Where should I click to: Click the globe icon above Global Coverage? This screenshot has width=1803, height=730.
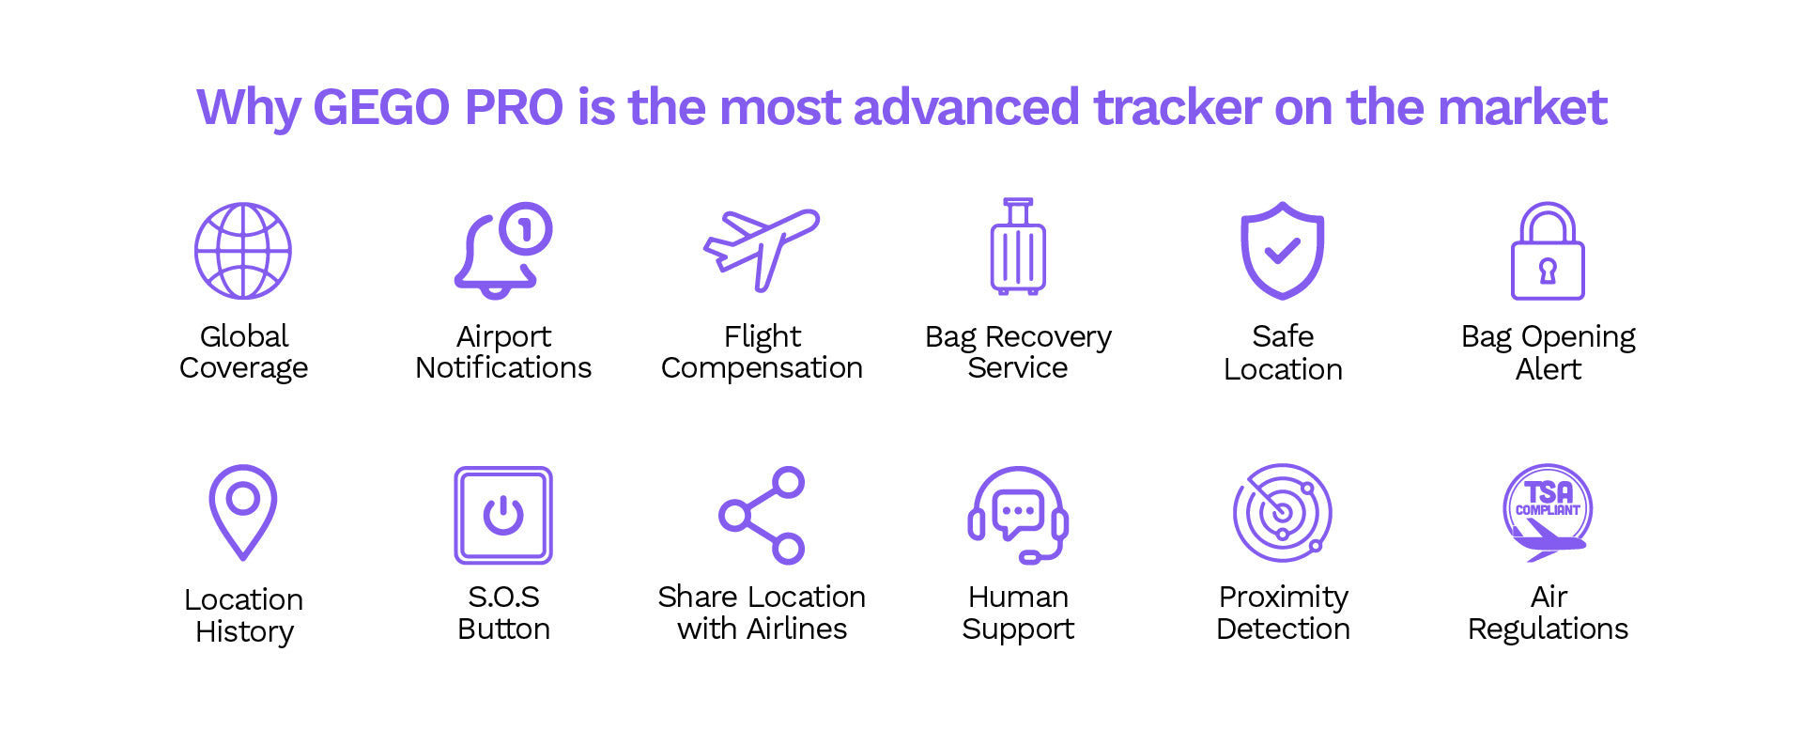[243, 251]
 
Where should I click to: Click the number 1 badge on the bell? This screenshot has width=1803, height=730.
[526, 228]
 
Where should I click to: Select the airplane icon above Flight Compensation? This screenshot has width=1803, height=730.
[762, 249]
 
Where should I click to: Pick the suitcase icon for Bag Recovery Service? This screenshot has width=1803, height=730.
[1018, 247]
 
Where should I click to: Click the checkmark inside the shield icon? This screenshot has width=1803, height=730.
[1282, 251]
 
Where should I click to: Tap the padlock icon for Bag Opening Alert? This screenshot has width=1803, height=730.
[1548, 251]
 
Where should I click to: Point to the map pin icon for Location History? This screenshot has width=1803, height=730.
[243, 512]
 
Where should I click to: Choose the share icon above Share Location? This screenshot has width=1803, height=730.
[762, 515]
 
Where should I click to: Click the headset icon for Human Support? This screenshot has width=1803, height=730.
[1018, 515]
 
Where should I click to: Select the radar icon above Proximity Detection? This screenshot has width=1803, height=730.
[1283, 513]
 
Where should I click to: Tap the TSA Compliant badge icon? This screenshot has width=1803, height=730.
[1548, 513]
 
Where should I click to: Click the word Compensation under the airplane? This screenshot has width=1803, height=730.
[762, 368]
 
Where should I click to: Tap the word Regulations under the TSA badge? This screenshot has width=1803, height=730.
[1548, 629]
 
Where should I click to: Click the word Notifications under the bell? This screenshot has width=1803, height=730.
[503, 367]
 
